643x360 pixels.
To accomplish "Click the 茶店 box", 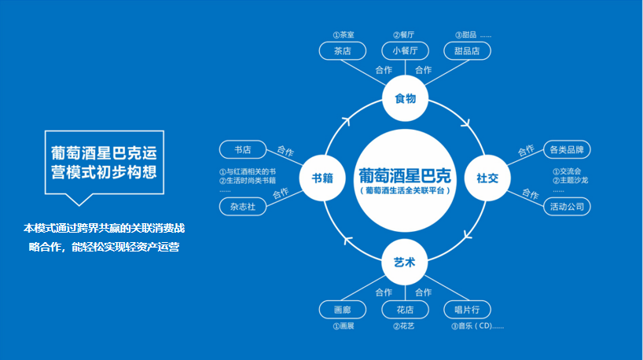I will click(x=342, y=51).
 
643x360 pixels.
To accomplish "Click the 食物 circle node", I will click(x=405, y=98).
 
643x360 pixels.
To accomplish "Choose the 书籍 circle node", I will click(x=323, y=178).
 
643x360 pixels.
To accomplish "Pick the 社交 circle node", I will click(x=487, y=178).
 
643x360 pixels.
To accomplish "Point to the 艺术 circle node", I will click(x=405, y=262).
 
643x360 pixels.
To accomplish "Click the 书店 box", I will click(x=242, y=149).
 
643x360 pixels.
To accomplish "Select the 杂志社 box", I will click(x=242, y=208).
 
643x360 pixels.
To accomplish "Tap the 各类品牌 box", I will click(x=568, y=149).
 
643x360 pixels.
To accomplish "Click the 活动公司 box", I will click(x=568, y=207).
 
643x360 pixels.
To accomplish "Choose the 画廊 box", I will click(x=342, y=309).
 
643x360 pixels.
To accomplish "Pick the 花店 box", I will click(x=405, y=309).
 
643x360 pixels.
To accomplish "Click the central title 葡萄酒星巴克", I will click(x=405, y=174).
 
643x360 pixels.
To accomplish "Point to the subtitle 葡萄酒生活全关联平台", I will click(x=405, y=191).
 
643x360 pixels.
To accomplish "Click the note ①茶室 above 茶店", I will click(x=343, y=35).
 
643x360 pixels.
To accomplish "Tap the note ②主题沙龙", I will click(x=570, y=180).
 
